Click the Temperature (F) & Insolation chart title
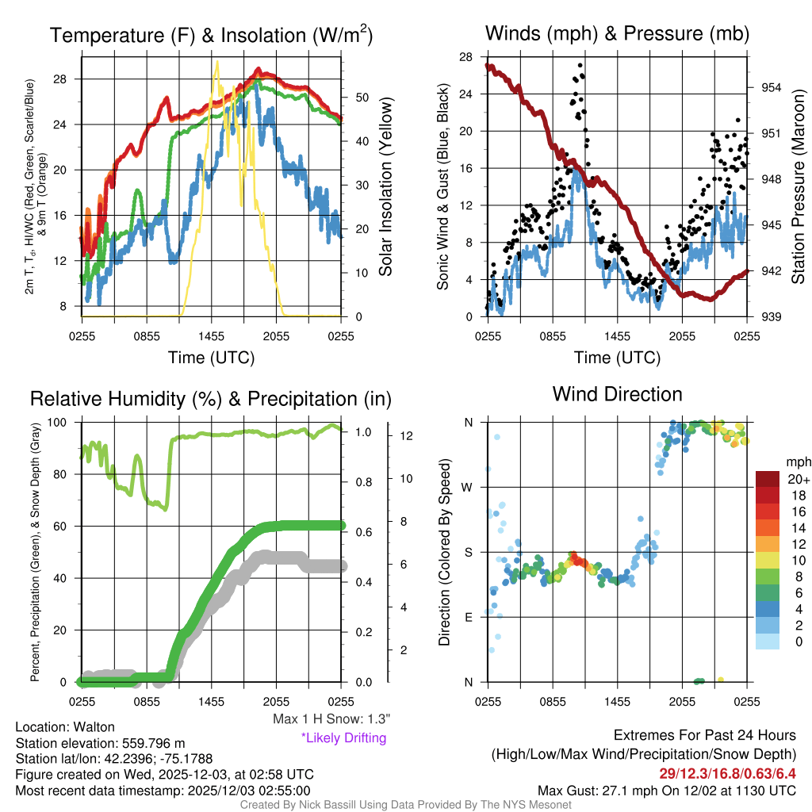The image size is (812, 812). point(211,35)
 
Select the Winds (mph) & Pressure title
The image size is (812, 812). point(618,33)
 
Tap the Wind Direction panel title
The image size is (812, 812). point(617,393)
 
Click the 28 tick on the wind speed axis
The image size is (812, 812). point(466,57)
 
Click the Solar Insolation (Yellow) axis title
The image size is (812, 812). point(386,187)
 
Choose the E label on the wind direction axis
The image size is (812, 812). point(469,617)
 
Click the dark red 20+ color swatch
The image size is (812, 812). point(768,480)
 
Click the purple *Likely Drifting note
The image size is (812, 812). point(343,738)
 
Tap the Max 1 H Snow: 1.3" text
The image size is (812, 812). point(331,719)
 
